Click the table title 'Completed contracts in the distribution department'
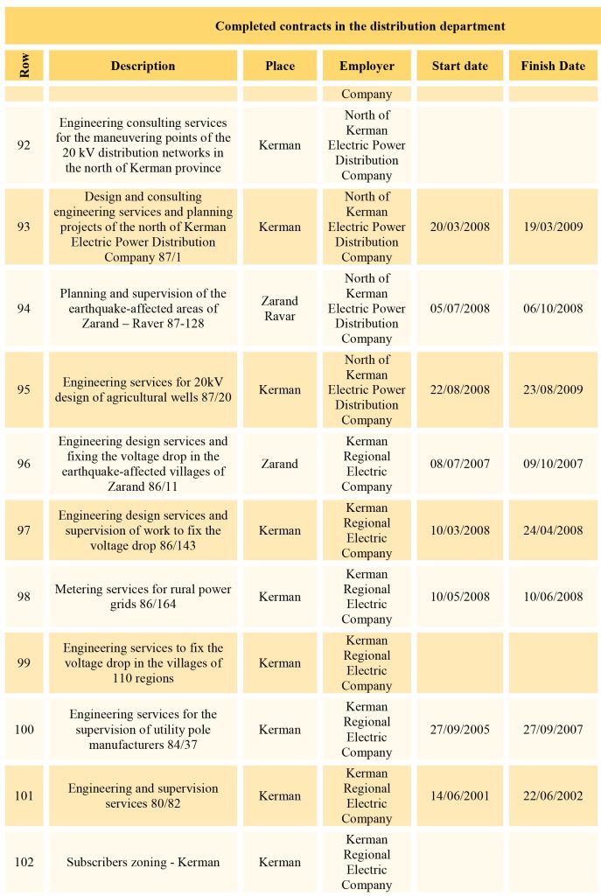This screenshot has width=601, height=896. pyautogui.click(x=360, y=26)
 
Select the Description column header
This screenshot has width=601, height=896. pyautogui.click(x=143, y=66)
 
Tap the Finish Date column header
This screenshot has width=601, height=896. pyautogui.click(x=553, y=66)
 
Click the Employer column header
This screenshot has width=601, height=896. pyautogui.click(x=367, y=66)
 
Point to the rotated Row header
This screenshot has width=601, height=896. pyautogui.click(x=24, y=66)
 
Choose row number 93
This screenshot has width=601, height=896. pyautogui.click(x=24, y=227)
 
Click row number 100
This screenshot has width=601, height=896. pyautogui.click(x=24, y=729)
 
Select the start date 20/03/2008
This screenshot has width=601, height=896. pyautogui.click(x=460, y=227)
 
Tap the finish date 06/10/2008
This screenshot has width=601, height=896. pyautogui.click(x=553, y=308)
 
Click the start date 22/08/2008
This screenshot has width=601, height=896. pyautogui.click(x=460, y=389)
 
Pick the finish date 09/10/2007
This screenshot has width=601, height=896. pyautogui.click(x=553, y=464)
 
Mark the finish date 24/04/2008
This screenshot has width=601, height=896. pyautogui.click(x=553, y=530)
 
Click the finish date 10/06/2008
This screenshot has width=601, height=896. pyautogui.click(x=553, y=597)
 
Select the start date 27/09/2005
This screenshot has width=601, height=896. pyautogui.click(x=460, y=729)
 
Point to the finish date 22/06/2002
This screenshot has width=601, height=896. pyautogui.click(x=553, y=795)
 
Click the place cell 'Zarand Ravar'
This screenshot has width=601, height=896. pyautogui.click(x=280, y=308)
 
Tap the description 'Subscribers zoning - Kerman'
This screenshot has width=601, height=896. pyautogui.click(x=143, y=862)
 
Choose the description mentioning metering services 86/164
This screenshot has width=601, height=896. pyautogui.click(x=143, y=597)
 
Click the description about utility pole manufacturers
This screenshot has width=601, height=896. pyautogui.click(x=143, y=729)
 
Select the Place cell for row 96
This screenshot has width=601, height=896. pyautogui.click(x=280, y=464)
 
